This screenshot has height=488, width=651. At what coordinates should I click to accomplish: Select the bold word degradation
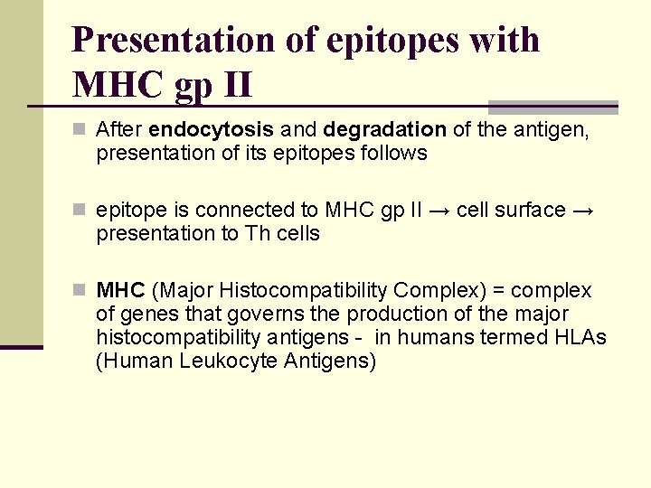click(384, 130)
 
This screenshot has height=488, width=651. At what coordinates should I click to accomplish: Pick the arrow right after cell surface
click(584, 211)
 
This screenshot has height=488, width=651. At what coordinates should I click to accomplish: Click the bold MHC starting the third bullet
click(120, 291)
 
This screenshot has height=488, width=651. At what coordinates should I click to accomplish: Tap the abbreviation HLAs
click(584, 338)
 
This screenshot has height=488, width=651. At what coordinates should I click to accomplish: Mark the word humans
click(458, 338)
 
